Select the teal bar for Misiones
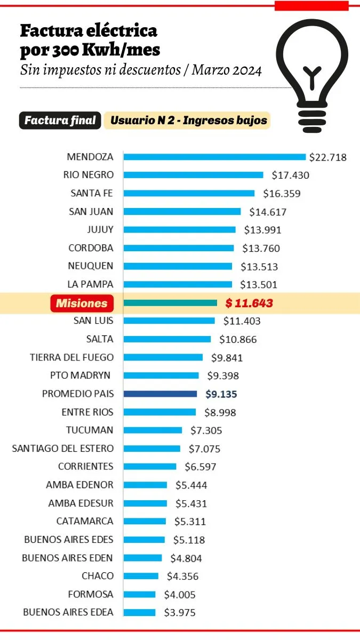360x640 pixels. pyautogui.click(x=170, y=303)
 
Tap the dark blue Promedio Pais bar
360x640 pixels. pyautogui.click(x=160, y=394)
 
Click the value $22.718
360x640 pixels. pyautogui.click(x=327, y=157)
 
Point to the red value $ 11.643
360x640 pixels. pyautogui.click(x=249, y=303)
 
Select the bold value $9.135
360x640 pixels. pyautogui.click(x=221, y=395)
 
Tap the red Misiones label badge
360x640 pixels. pyautogui.click(x=82, y=303)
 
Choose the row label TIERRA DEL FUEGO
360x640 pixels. pyautogui.click(x=71, y=357)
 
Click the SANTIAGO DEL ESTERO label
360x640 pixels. pyautogui.click(x=63, y=449)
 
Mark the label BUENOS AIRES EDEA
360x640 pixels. pyautogui.click(x=68, y=612)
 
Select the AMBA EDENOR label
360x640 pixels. pyautogui.click(x=80, y=485)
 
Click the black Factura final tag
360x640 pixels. pyautogui.click(x=60, y=121)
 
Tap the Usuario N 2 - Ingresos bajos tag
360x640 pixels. pyautogui.click(x=188, y=121)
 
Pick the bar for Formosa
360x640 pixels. pyautogui.click(x=139, y=594)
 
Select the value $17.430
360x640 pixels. pyautogui.click(x=290, y=175)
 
